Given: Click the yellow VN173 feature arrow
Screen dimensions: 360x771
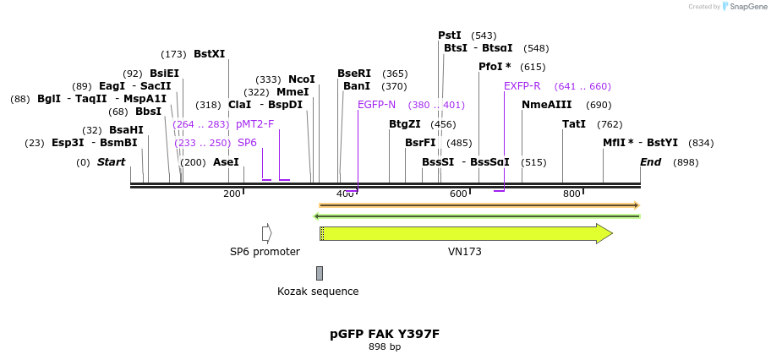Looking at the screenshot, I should point(465,233).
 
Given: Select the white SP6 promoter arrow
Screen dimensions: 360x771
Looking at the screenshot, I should point(266,233).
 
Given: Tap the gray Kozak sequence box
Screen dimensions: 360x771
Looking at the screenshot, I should point(320,273).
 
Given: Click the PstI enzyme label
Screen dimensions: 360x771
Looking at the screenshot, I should point(450,35).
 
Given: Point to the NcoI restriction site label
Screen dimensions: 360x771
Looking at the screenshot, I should point(301,79).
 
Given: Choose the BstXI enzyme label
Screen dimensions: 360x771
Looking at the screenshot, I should point(210,54).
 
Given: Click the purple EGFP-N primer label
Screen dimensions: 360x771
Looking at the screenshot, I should point(376,105).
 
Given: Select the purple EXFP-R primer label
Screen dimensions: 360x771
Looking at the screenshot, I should point(522,86).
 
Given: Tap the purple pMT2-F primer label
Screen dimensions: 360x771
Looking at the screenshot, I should point(255,124).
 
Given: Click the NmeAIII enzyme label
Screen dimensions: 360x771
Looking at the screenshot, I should point(547,105).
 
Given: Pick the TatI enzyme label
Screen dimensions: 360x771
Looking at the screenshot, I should point(574,124).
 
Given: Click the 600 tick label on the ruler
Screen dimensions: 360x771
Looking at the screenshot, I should point(458,194).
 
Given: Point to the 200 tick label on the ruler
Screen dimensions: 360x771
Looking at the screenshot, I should point(232,194).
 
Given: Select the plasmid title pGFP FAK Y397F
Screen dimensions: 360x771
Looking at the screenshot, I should point(385,334).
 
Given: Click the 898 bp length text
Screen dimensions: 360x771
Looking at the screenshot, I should point(385,346).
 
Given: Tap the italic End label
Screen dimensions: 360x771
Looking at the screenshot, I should point(650,162).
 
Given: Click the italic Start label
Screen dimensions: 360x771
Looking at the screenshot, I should point(111,162).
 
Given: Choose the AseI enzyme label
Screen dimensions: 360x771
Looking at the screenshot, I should point(226,162).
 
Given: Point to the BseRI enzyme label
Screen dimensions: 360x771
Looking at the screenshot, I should point(354,74).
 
